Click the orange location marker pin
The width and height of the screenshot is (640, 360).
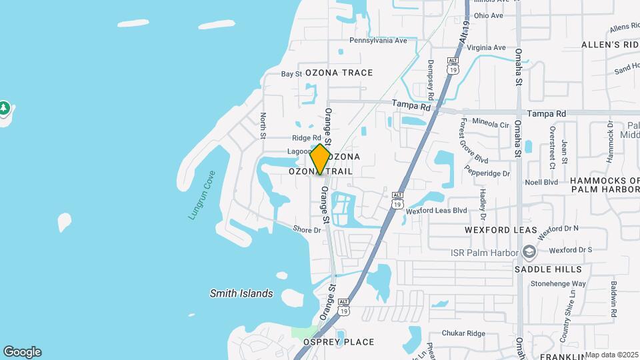coord(320,159)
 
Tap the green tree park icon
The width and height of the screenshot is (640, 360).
coord(4,107)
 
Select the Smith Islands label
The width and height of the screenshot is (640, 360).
coord(241,293)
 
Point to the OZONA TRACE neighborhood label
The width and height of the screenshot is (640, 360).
coord(339,73)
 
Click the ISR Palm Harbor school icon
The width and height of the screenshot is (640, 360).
coord(529,251)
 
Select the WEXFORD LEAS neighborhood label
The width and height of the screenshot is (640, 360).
coord(501,230)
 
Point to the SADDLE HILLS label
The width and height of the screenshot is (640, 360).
coord(548,269)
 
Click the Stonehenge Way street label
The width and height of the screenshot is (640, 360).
coord(558,283)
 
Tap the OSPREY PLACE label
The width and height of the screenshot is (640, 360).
coord(339,342)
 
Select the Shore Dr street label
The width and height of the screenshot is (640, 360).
coord(307,230)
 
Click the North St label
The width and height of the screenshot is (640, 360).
coord(263,125)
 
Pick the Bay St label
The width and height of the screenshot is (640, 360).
coord(291,74)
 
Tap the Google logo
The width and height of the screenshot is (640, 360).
coord(22,351)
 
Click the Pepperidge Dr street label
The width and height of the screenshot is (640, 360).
coord(489,173)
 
